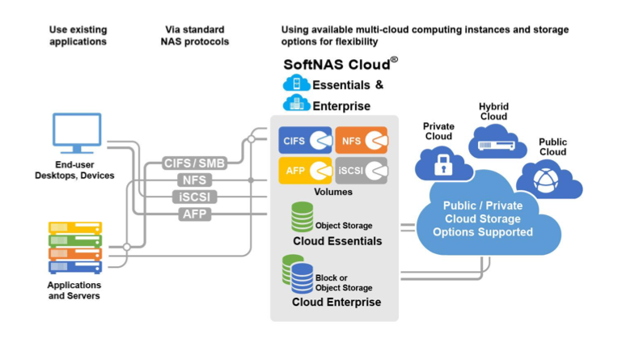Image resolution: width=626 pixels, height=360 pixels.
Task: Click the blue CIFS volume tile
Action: pyautogui.click(x=305, y=141)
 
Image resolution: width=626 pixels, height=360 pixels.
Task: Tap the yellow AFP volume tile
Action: pyautogui.click(x=305, y=170)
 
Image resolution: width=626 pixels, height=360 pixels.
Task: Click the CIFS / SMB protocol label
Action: pyautogui.click(x=194, y=163)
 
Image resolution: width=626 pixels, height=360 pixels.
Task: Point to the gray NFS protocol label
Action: pyautogui.click(x=194, y=180)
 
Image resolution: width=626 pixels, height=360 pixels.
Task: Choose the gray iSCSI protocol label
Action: pyautogui.click(x=194, y=197)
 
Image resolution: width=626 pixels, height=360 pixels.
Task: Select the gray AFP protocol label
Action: pyautogui.click(x=194, y=214)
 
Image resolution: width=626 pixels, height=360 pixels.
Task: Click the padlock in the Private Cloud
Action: pyautogui.click(x=442, y=167)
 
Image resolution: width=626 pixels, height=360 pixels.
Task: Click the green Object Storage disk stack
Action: pyautogui.click(x=302, y=217)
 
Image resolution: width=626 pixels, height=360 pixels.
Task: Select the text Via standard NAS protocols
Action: pyautogui.click(x=194, y=36)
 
